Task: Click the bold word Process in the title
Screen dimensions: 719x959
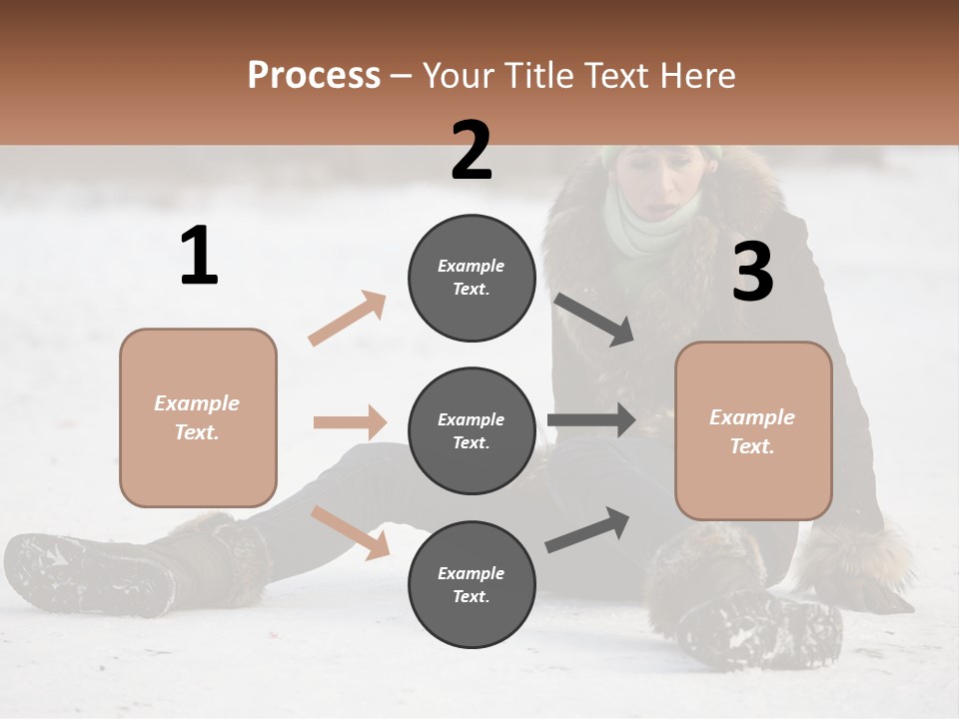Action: click(x=314, y=75)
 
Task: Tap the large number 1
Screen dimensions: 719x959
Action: click(x=199, y=257)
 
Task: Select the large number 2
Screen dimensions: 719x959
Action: click(x=472, y=151)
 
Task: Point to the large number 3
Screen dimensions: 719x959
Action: click(x=752, y=271)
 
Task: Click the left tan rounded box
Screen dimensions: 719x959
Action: click(x=198, y=417)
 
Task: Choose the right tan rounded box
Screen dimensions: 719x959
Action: click(x=753, y=430)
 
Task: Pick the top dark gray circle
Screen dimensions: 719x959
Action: click(x=472, y=278)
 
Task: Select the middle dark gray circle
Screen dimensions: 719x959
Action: click(x=472, y=430)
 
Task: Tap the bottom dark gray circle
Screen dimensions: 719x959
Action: click(x=472, y=584)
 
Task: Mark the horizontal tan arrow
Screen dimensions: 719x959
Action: click(x=350, y=422)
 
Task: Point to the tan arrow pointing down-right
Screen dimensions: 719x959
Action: click(x=350, y=532)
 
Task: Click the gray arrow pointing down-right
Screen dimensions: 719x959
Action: click(x=594, y=320)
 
